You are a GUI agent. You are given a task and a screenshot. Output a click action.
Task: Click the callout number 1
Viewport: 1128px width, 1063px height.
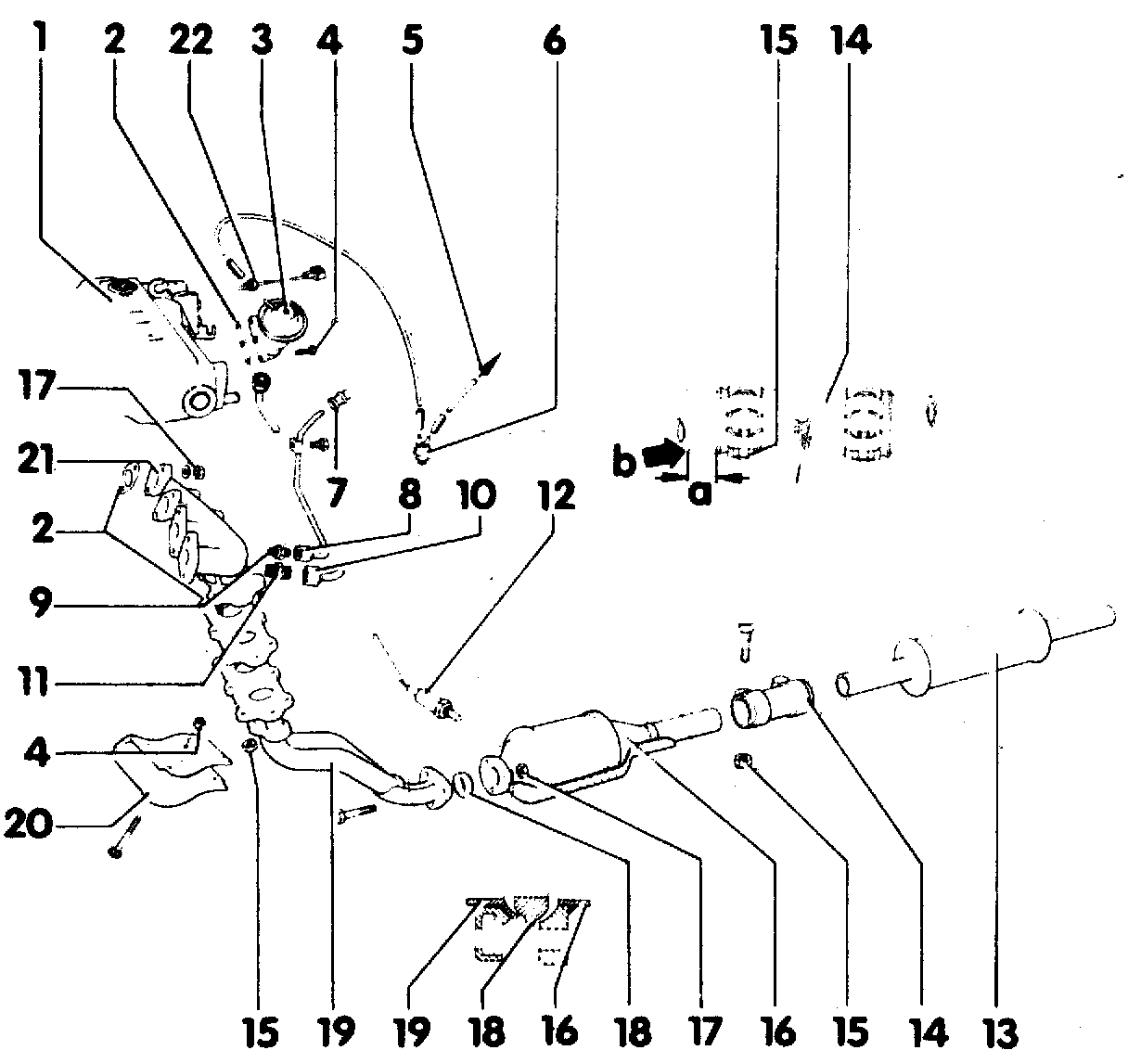click(39, 40)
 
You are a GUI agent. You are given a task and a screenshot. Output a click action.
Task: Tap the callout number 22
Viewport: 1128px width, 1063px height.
click(190, 40)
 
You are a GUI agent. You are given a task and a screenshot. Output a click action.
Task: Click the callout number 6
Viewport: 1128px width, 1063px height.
click(553, 40)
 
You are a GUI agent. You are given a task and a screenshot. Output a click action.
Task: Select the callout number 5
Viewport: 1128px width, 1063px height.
click(413, 40)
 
